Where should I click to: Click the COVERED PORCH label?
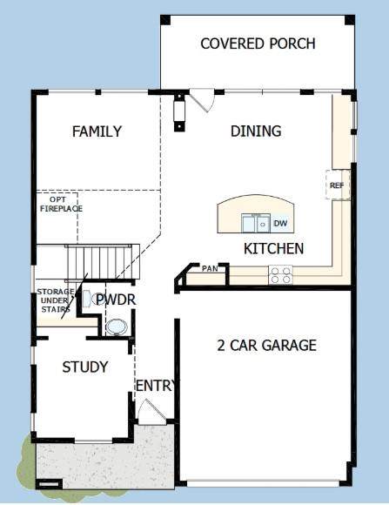[x=258, y=44]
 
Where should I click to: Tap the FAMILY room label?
[x=97, y=131]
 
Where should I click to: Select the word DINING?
[x=256, y=131]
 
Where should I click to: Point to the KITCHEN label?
[x=273, y=249]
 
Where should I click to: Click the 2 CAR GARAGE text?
[x=266, y=346]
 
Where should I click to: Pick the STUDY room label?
[x=85, y=367]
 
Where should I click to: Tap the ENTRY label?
[x=156, y=386]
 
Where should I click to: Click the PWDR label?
[x=116, y=300]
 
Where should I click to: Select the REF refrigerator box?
[x=338, y=185]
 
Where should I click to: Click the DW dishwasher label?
[x=280, y=223]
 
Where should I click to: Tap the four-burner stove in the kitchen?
[x=280, y=275]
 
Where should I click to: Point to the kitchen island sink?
[x=257, y=223]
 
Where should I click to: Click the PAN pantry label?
[x=210, y=268]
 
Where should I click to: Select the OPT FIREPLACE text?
[x=61, y=205]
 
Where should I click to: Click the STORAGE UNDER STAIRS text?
[x=56, y=300]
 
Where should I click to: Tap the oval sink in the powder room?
[x=117, y=327]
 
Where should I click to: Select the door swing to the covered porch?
[x=202, y=100]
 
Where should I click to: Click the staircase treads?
[x=99, y=262]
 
